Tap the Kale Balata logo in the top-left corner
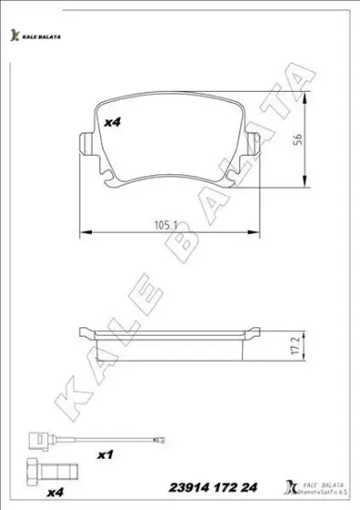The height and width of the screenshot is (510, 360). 38,36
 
